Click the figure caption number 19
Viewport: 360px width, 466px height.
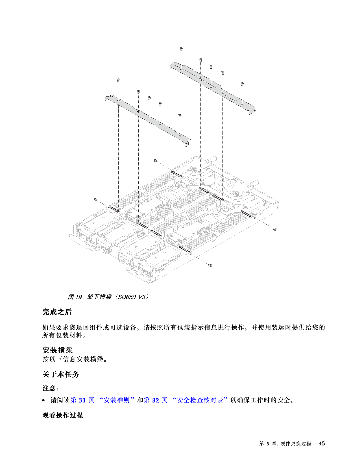78,297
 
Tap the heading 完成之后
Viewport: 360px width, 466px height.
57,312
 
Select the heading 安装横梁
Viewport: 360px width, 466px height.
58,350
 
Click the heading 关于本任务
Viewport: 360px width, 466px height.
61,374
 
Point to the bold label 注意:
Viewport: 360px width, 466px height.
50,388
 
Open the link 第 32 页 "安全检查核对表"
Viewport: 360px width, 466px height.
186,400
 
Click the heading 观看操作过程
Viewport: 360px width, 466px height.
63,415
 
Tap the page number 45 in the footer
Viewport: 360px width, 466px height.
322,443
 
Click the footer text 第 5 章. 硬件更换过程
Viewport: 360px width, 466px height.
285,443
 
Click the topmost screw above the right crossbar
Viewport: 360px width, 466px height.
181,49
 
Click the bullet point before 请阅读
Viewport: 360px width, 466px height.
44,400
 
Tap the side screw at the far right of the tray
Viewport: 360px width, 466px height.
275,229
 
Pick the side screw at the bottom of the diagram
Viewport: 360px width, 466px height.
210,265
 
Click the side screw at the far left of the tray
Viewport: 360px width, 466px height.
95,200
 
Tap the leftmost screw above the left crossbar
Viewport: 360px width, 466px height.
119,80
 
